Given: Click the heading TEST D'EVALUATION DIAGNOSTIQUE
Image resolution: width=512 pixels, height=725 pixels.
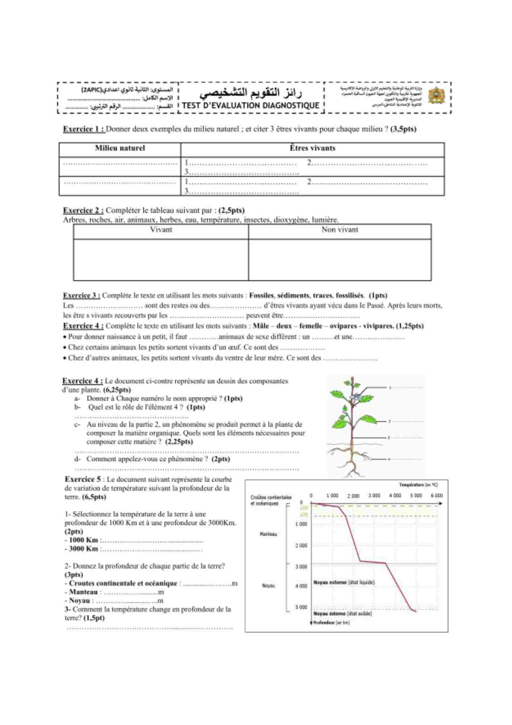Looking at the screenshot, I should coord(251,105).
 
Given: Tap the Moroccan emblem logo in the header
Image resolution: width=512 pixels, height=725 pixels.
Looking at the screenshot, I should coord(436,96).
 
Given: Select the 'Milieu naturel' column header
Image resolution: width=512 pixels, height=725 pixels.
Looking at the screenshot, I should coord(120,148).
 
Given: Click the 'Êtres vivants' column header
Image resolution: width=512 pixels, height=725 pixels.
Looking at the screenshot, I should coord(312,148).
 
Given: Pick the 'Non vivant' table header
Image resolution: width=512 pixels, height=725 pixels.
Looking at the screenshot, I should coord(340,229).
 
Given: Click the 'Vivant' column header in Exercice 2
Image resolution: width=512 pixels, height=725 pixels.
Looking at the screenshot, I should coord(161,229).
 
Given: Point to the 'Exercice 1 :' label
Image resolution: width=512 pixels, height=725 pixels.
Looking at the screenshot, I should coord(84,129).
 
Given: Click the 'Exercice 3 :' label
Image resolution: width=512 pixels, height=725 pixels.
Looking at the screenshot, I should coord(81,295).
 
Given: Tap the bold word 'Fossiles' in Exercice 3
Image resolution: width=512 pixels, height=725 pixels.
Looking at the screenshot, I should coord(261,295).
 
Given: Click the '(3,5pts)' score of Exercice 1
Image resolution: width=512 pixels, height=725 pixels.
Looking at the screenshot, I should coord(403,129).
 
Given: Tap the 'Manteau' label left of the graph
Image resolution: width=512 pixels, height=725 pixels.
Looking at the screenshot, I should coord(268,534).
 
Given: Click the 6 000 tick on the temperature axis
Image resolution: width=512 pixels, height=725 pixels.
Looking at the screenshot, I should coord(436,495).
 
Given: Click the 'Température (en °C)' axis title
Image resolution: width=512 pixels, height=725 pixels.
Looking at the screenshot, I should coord(418,485).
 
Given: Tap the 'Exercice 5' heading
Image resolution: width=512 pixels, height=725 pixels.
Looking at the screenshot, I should coord(83,479).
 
